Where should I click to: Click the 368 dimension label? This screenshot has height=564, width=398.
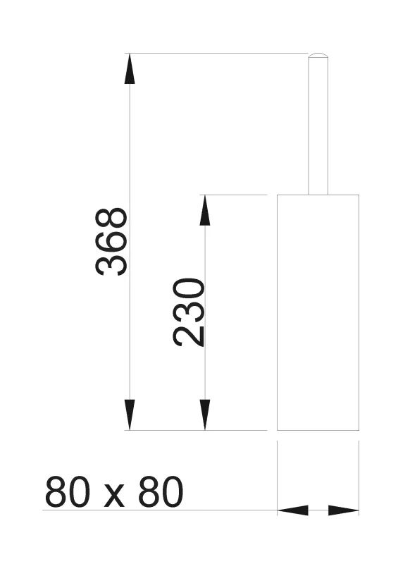click(111, 242)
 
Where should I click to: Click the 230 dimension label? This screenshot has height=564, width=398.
click(189, 312)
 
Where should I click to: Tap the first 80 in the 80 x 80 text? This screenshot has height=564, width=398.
click(66, 491)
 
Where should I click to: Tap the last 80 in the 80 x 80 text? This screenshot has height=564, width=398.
click(161, 491)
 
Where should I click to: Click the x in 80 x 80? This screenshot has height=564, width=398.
click(114, 496)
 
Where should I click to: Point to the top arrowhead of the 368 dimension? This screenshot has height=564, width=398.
click(130, 68)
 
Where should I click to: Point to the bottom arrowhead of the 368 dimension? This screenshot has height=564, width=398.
click(130, 415)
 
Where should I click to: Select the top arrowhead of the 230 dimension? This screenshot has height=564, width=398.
click(205, 210)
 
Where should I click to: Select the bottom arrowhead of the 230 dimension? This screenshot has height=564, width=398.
click(205, 415)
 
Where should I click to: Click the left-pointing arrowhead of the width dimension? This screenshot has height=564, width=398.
click(292, 510)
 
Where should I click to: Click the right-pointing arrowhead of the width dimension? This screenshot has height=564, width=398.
click(344, 510)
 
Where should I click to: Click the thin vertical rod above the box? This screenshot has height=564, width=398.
click(318, 124)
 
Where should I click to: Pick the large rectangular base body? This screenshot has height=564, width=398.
click(318, 312)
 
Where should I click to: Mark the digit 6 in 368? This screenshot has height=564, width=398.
click(111, 242)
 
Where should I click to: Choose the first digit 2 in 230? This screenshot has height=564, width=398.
click(189, 336)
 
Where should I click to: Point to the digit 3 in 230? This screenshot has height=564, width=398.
click(189, 312)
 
